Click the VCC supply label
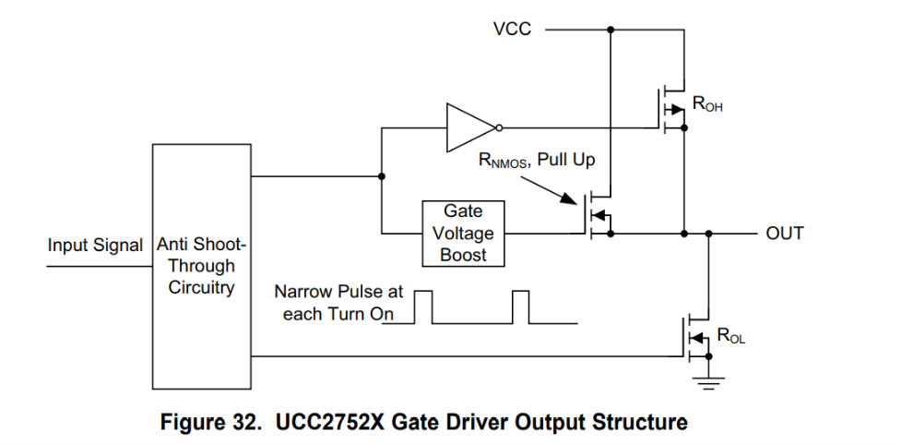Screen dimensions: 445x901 513,30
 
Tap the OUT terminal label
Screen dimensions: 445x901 785,234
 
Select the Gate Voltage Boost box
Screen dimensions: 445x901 463,233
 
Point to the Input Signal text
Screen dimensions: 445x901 95,247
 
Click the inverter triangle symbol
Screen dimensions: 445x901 470,127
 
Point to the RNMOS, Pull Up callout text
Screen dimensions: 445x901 537,161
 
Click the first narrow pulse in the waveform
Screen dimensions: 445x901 423,307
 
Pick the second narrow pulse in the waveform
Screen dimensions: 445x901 521,307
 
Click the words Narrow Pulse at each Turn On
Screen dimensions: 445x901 338,303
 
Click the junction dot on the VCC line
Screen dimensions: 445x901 611,30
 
